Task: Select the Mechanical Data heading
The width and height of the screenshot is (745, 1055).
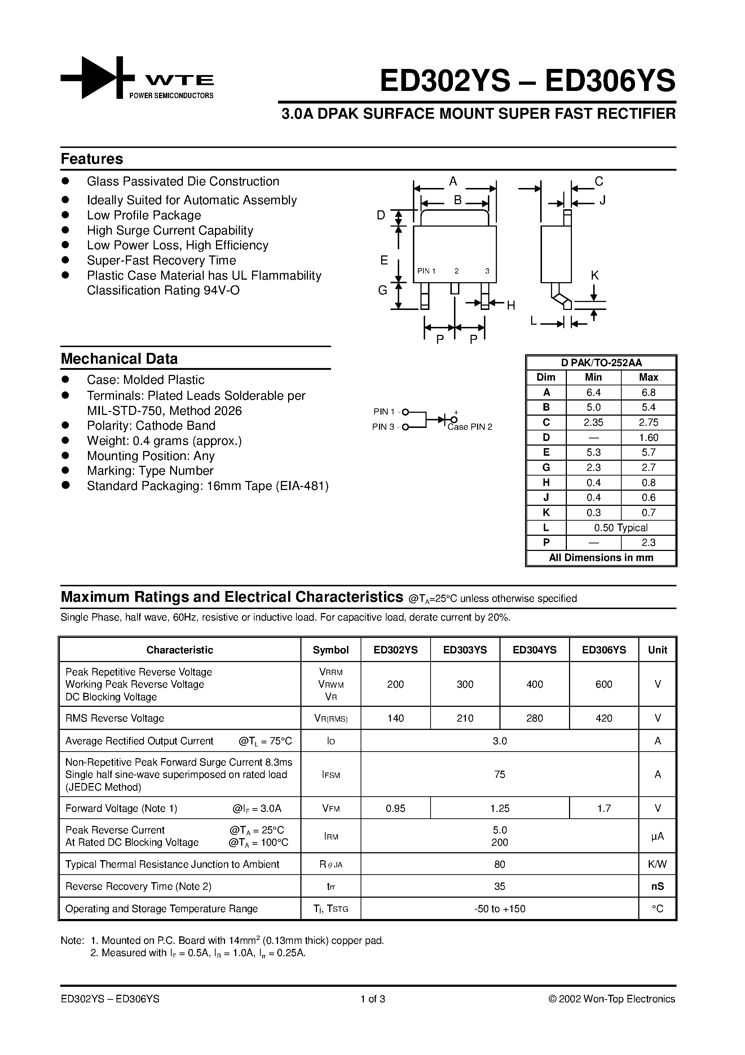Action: [x=119, y=358]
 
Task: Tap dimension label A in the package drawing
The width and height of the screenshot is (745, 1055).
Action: [x=453, y=181]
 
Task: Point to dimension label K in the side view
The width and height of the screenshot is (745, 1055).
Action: [x=594, y=276]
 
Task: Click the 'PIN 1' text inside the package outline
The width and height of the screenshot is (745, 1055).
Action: [x=426, y=271]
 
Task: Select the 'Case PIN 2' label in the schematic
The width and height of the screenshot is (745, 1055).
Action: [x=470, y=427]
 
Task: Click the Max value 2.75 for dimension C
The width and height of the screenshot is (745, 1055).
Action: [x=648, y=422]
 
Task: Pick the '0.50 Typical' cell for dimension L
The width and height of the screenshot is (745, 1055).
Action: [x=621, y=527]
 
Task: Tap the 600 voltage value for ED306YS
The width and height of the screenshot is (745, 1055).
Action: [x=604, y=684]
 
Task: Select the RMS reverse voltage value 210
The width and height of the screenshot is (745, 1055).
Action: [x=465, y=718]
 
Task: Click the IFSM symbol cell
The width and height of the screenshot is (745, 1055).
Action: [x=331, y=775]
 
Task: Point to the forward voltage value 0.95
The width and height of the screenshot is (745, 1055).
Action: [x=396, y=808]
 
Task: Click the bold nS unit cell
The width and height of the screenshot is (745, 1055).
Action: [x=657, y=887]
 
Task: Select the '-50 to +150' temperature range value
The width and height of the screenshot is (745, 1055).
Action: [x=499, y=909]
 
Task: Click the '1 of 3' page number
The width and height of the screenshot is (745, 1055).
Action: [x=372, y=999]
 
